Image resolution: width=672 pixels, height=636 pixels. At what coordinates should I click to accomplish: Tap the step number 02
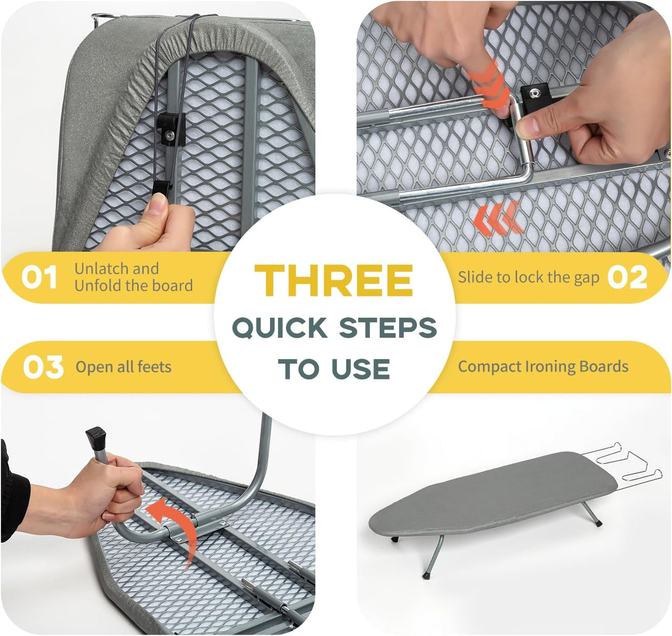pyautogui.click(x=627, y=277)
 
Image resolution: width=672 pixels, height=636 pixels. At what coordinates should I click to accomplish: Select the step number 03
pyautogui.click(x=43, y=367)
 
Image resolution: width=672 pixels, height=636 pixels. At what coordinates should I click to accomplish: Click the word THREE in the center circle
pyautogui.click(x=333, y=281)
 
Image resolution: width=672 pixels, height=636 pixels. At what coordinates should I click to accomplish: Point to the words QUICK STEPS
pyautogui.click(x=334, y=328)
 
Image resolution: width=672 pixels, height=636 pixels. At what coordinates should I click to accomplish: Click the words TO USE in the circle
pyautogui.click(x=334, y=369)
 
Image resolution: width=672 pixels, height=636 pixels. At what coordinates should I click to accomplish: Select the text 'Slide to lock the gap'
pyautogui.click(x=528, y=277)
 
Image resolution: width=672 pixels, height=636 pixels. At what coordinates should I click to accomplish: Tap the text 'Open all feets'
pyautogui.click(x=123, y=367)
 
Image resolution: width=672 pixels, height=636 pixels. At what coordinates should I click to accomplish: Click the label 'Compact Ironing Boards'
pyautogui.click(x=543, y=367)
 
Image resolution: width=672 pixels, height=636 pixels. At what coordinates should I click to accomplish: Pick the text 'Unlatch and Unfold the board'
pyautogui.click(x=133, y=277)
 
